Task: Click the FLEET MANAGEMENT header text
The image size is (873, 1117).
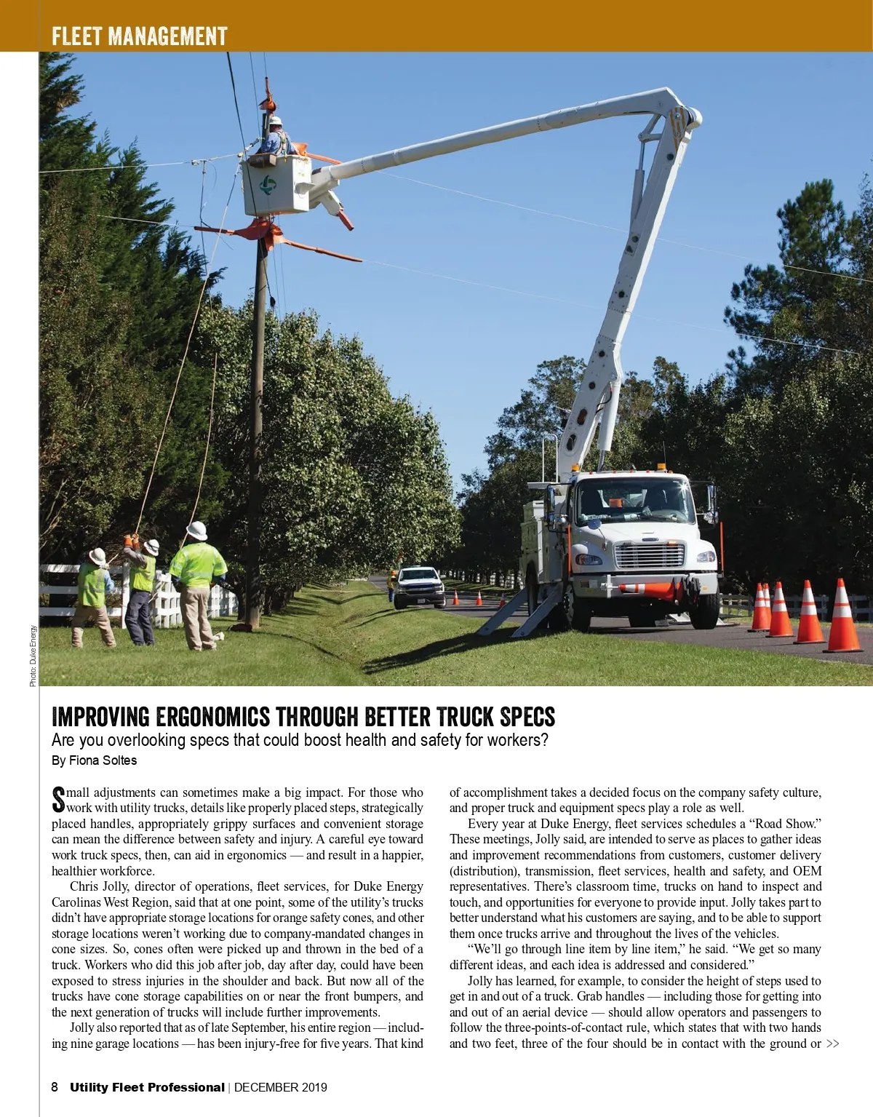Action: (x=139, y=36)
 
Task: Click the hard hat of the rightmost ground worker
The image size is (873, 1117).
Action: (x=196, y=530)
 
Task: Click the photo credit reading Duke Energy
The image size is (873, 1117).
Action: (x=33, y=656)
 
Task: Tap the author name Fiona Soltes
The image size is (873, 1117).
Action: (x=103, y=760)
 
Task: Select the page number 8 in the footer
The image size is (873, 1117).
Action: (x=55, y=1087)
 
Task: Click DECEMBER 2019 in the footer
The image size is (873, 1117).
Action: (x=280, y=1087)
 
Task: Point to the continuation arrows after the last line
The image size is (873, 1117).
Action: (x=832, y=1044)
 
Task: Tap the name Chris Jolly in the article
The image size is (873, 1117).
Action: (x=97, y=886)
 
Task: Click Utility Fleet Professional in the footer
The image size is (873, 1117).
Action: (x=147, y=1087)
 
